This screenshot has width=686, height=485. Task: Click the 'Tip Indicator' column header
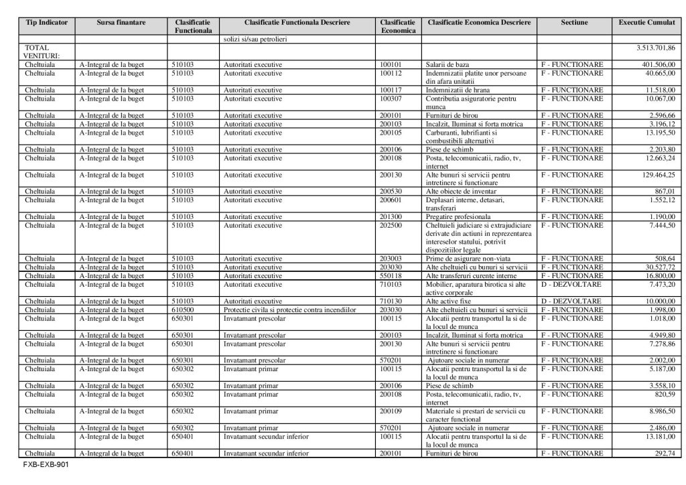[x=46, y=23]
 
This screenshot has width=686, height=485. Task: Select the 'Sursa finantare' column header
[x=121, y=23]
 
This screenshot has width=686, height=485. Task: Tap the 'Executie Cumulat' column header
[x=646, y=23]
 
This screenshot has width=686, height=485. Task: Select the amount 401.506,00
[x=657, y=64]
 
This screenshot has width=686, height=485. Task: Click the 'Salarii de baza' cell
[x=448, y=64]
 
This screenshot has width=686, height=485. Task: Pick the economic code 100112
[x=391, y=73]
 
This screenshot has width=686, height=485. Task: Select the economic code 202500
[x=391, y=226]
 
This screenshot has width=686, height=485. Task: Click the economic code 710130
[x=391, y=301]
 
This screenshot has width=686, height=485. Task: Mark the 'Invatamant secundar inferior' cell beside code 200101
[x=266, y=453]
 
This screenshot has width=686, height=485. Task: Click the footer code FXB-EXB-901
[x=46, y=464]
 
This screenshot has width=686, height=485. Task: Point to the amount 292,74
[x=663, y=453]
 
